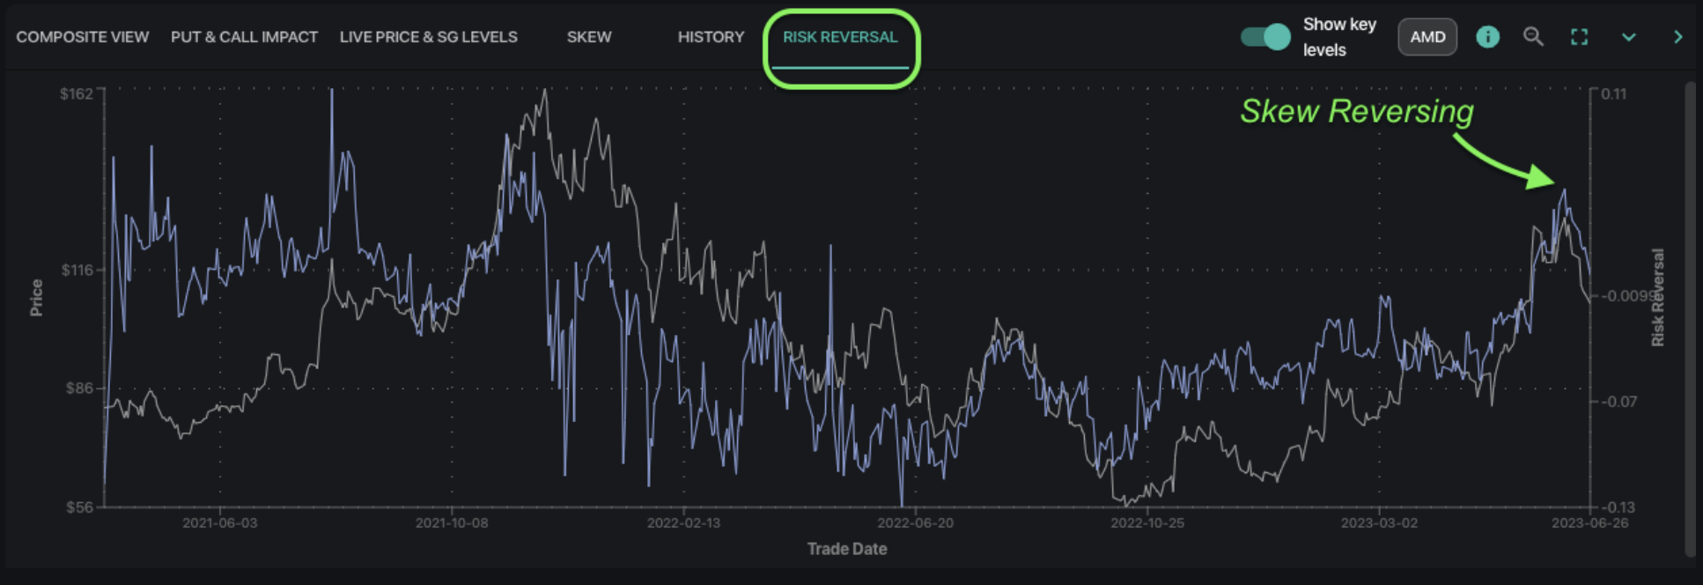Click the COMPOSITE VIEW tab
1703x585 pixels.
[x=82, y=37]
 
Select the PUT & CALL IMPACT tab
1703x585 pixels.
[x=244, y=37]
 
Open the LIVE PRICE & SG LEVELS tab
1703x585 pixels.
[x=428, y=37]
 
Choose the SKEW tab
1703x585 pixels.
[x=588, y=37]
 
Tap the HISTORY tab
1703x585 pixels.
[x=711, y=37]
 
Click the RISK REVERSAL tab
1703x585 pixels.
[x=840, y=37]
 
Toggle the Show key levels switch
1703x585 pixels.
[x=1265, y=37]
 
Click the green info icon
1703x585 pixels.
[x=1487, y=37]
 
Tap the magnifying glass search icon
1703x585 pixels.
[x=1533, y=37]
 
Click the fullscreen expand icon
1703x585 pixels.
[x=1579, y=37]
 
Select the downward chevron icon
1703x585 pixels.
[x=1628, y=37]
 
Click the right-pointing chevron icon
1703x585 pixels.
[x=1677, y=37]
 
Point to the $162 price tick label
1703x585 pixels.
[x=77, y=93]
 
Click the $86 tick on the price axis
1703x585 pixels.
[x=79, y=388]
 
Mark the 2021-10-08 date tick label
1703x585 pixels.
[x=451, y=522]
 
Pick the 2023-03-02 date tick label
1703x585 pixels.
[x=1379, y=522]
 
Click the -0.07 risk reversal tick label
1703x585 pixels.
[x=1618, y=402]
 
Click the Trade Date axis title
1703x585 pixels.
[x=846, y=549]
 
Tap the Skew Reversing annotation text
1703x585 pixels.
[x=1356, y=111]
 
